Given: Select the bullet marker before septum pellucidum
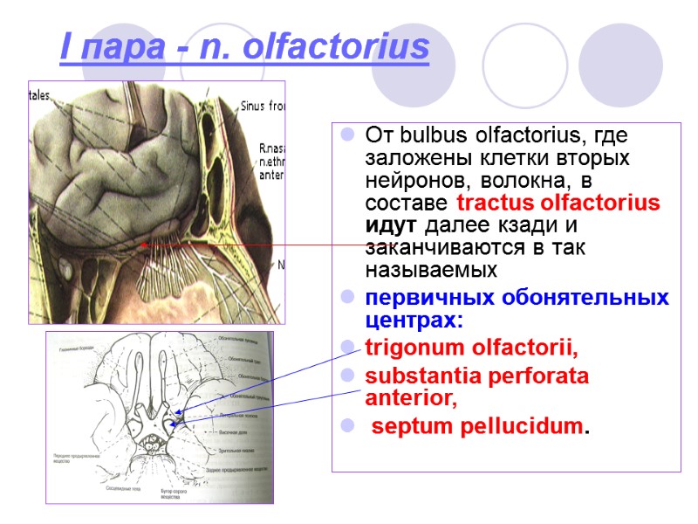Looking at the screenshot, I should point(347,428).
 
